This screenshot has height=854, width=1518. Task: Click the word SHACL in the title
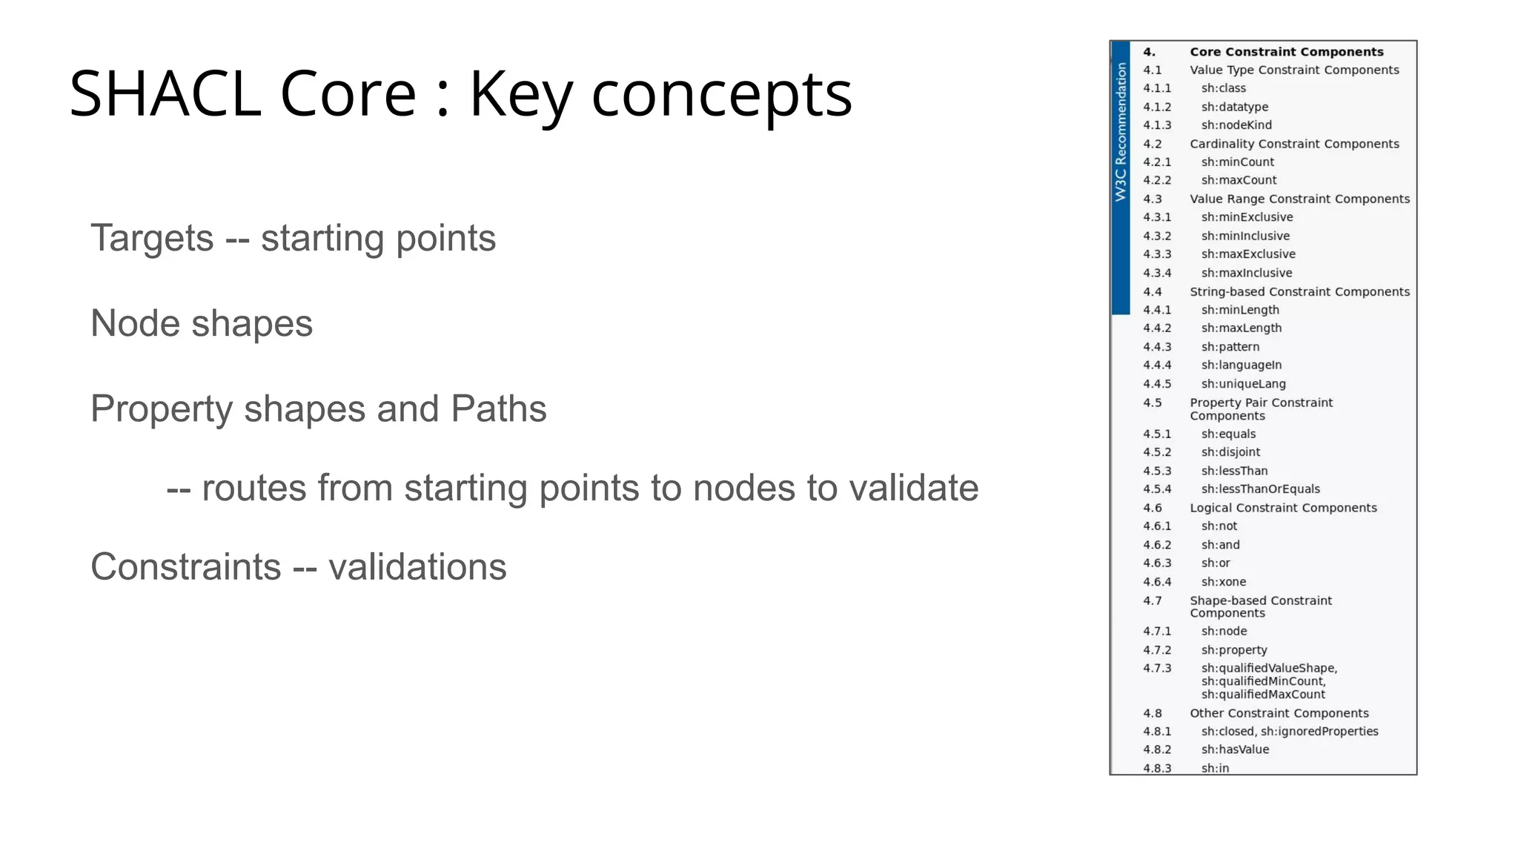point(165,93)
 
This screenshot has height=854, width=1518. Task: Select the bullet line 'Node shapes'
point(201,324)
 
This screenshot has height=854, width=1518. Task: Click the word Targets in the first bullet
point(152,238)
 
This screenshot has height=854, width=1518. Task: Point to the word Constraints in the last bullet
point(185,567)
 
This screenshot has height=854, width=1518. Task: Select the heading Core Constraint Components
point(1286,52)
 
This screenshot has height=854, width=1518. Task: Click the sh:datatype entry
point(1234,107)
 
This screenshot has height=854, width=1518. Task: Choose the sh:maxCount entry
point(1239,180)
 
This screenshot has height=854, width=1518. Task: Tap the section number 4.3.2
point(1157,236)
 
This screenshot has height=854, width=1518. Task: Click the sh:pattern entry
point(1230,347)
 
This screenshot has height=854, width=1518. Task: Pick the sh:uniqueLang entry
point(1243,384)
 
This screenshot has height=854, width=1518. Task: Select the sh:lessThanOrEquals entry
point(1260,489)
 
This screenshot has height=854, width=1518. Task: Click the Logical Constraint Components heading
point(1283,508)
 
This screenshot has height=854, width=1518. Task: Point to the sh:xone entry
point(1223,582)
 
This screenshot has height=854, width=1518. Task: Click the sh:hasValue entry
point(1235,749)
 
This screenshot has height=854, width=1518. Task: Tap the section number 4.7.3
point(1157,668)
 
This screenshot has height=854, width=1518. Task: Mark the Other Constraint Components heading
point(1279,713)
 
